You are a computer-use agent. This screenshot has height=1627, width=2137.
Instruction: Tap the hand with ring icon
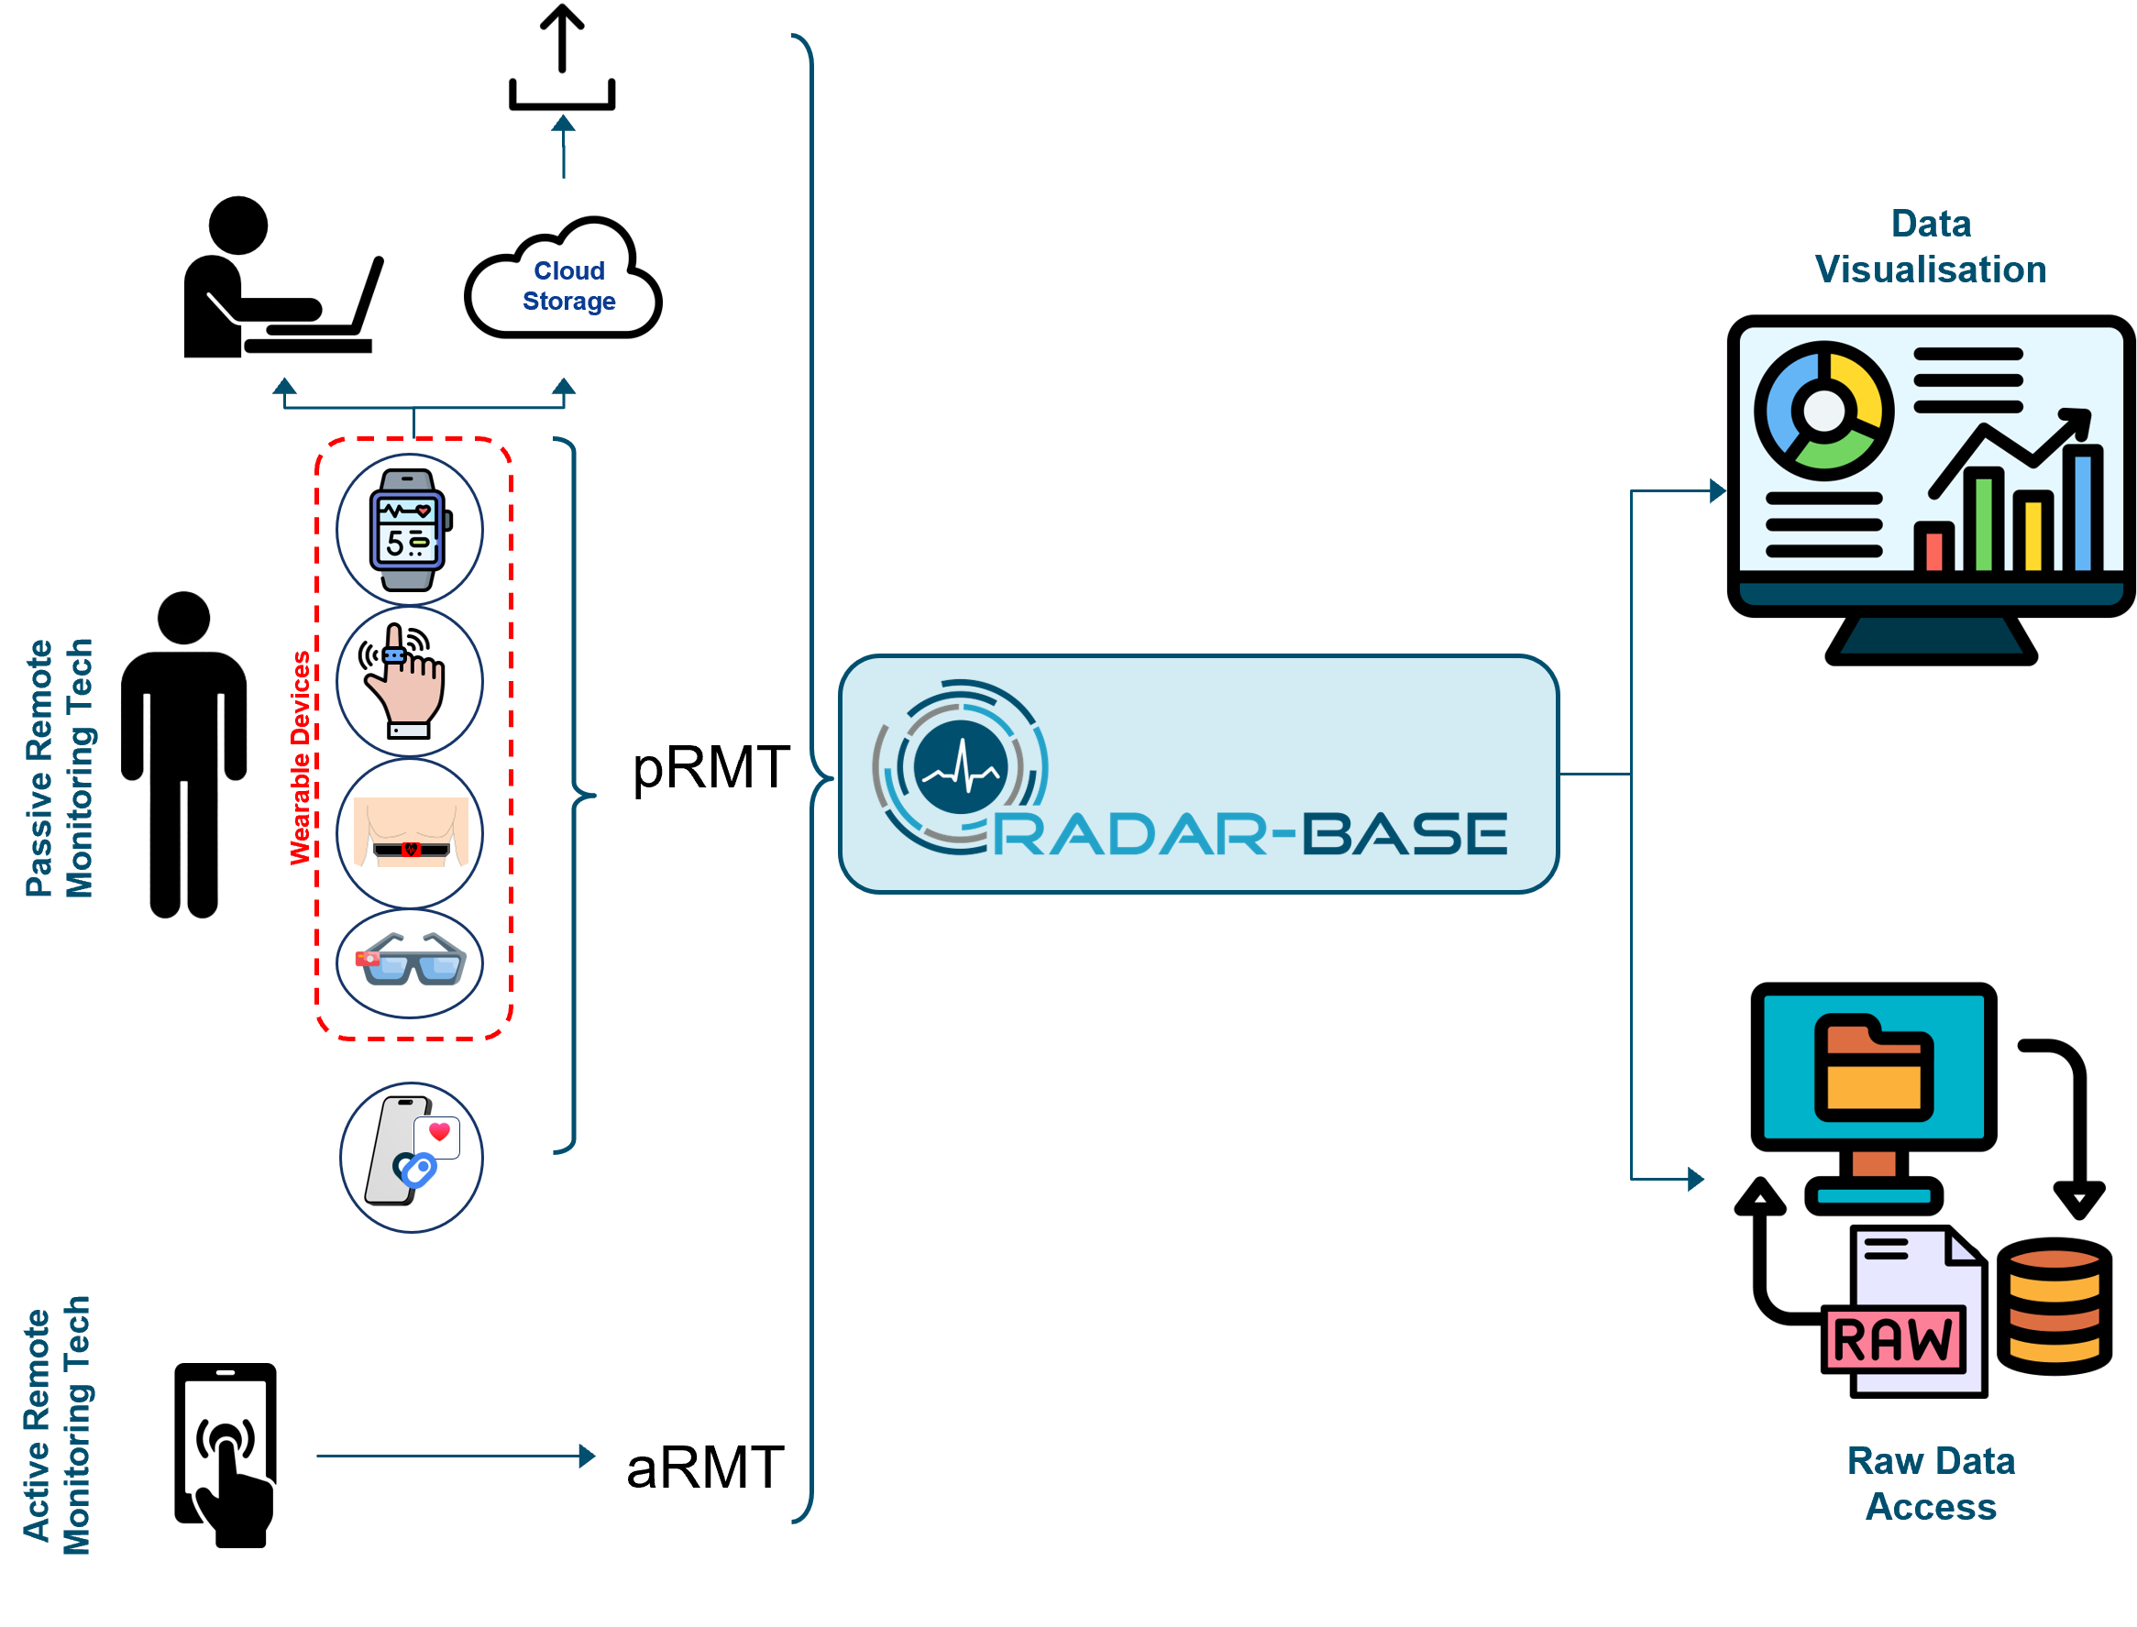(x=409, y=682)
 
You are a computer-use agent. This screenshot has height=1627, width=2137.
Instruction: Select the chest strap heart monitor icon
(x=411, y=833)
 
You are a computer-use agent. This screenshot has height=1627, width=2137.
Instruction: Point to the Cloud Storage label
(x=568, y=286)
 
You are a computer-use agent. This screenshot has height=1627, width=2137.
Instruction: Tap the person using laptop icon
(x=284, y=276)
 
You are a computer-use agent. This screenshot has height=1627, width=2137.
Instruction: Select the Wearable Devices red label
(x=301, y=757)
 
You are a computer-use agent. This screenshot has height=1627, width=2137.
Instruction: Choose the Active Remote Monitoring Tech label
(x=57, y=1424)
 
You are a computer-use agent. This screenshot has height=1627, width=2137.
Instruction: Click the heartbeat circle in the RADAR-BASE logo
(x=960, y=767)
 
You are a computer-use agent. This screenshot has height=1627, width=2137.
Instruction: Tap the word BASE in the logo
(x=1404, y=835)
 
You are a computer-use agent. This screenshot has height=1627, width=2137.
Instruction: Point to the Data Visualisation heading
(x=1930, y=247)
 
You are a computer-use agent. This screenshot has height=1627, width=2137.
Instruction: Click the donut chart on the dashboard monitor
(x=1823, y=411)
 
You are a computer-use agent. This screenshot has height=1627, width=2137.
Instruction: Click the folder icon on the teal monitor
(x=1874, y=1067)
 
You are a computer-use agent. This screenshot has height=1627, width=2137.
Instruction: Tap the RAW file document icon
(x=1904, y=1313)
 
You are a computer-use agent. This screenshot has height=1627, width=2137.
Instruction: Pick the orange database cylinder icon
(x=2054, y=1306)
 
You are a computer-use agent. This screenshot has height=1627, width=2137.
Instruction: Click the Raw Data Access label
(x=1931, y=1484)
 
